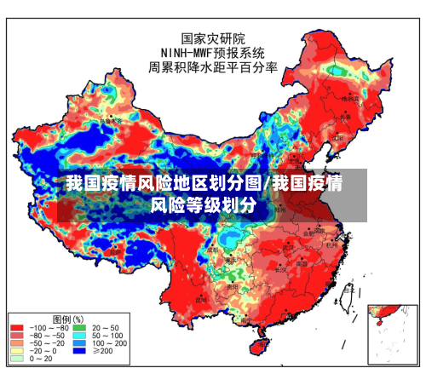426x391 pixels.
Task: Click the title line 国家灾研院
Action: pyautogui.click(x=213, y=38)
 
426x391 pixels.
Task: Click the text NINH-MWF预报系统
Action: pyautogui.click(x=213, y=53)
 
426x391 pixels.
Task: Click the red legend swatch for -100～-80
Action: pyautogui.click(x=17, y=328)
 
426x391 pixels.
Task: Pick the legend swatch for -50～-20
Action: pyautogui.click(x=17, y=343)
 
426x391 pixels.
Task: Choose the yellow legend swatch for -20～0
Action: pyautogui.click(x=17, y=351)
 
